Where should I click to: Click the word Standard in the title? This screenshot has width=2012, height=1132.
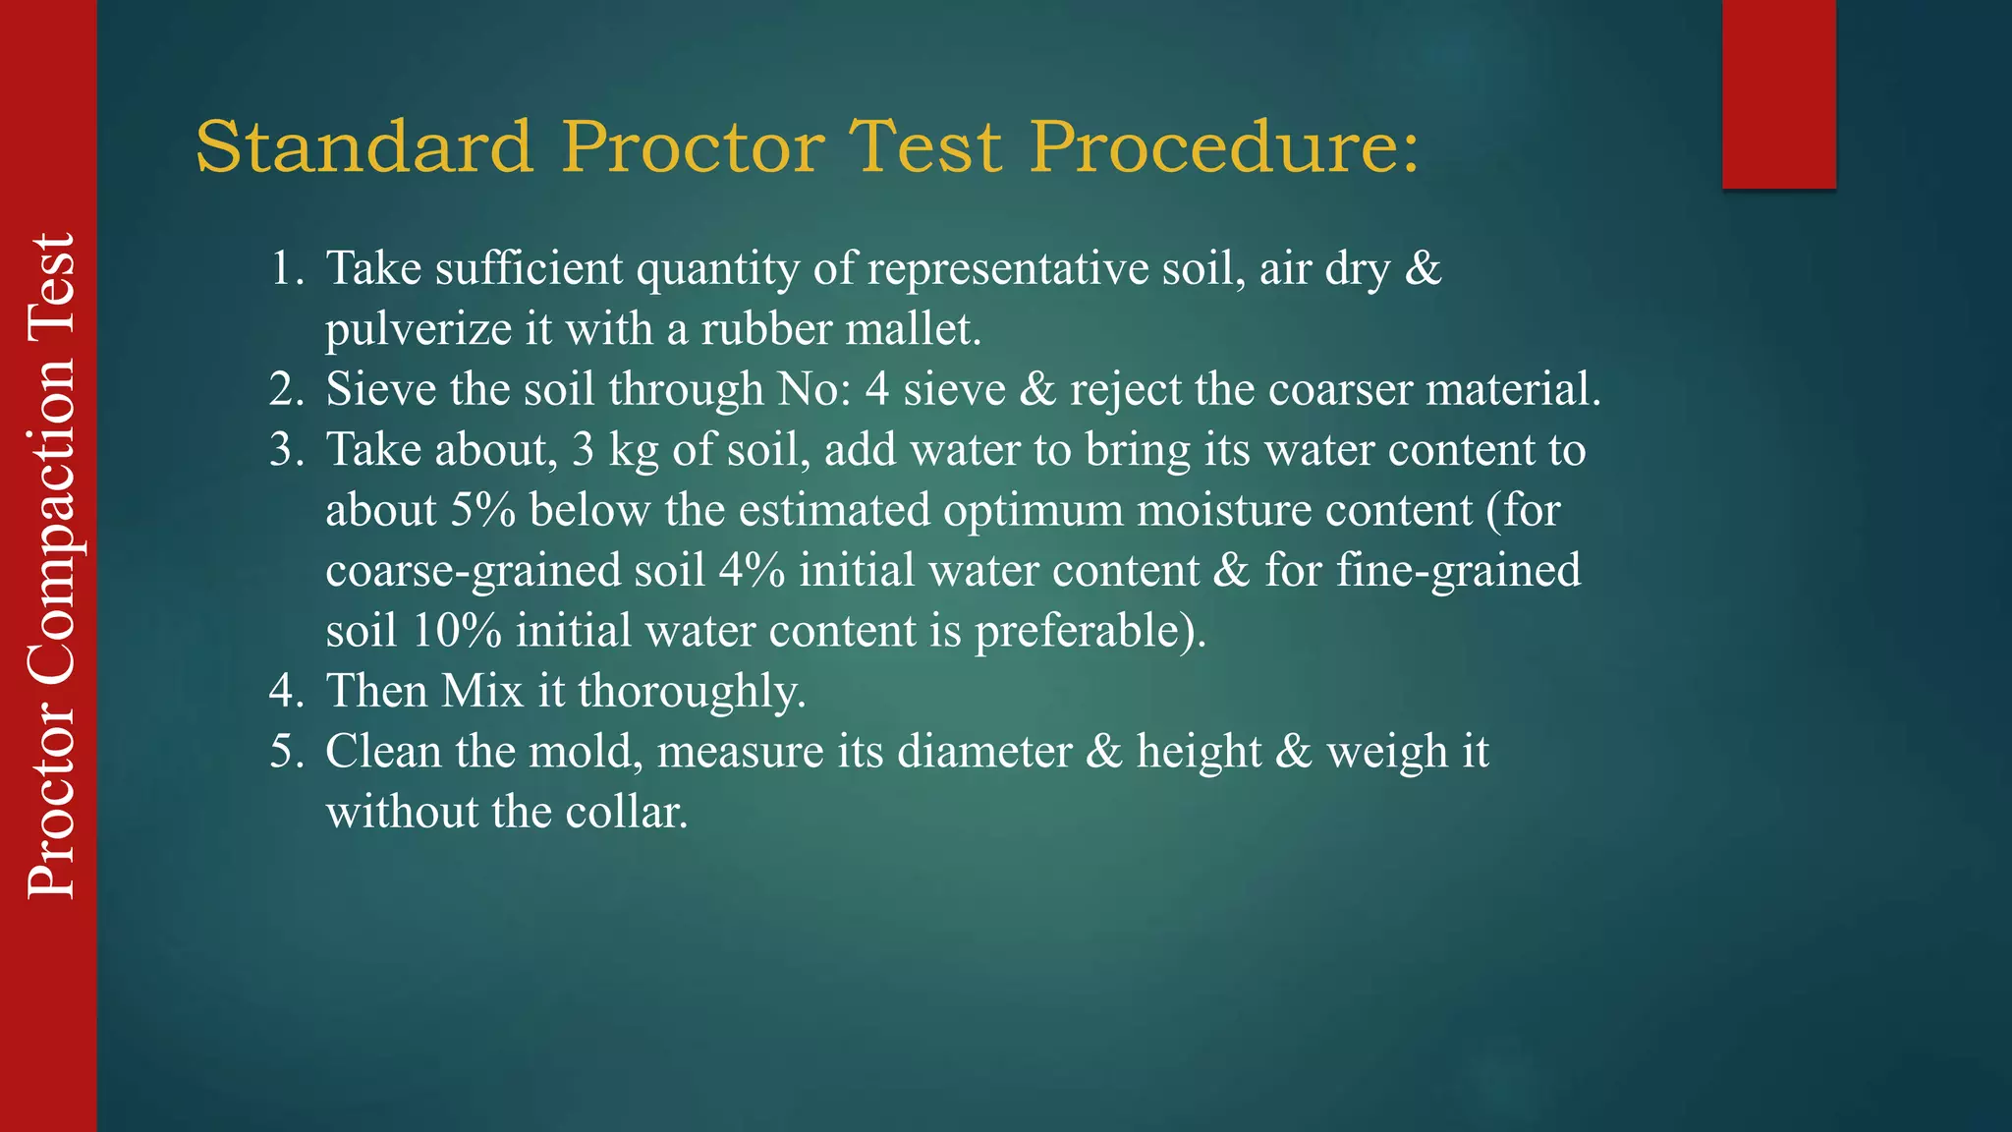pos(363,147)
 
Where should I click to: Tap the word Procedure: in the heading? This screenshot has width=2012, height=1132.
pos(1224,147)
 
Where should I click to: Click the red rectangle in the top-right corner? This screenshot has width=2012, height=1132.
pos(1778,93)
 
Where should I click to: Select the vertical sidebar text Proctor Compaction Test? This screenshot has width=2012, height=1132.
pos(51,566)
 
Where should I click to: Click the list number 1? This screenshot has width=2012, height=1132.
pos(287,268)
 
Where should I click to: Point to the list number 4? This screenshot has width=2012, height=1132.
pos(287,691)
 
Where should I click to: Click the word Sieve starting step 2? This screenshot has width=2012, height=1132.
pos(381,389)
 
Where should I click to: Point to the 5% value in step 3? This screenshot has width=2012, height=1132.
pos(483,510)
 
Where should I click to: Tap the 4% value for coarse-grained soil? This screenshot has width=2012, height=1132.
pos(752,571)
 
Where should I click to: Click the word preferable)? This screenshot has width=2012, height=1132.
pos(1090,631)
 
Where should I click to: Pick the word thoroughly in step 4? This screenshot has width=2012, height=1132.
pos(692,692)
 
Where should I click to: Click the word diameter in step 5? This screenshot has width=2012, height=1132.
pos(984,752)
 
